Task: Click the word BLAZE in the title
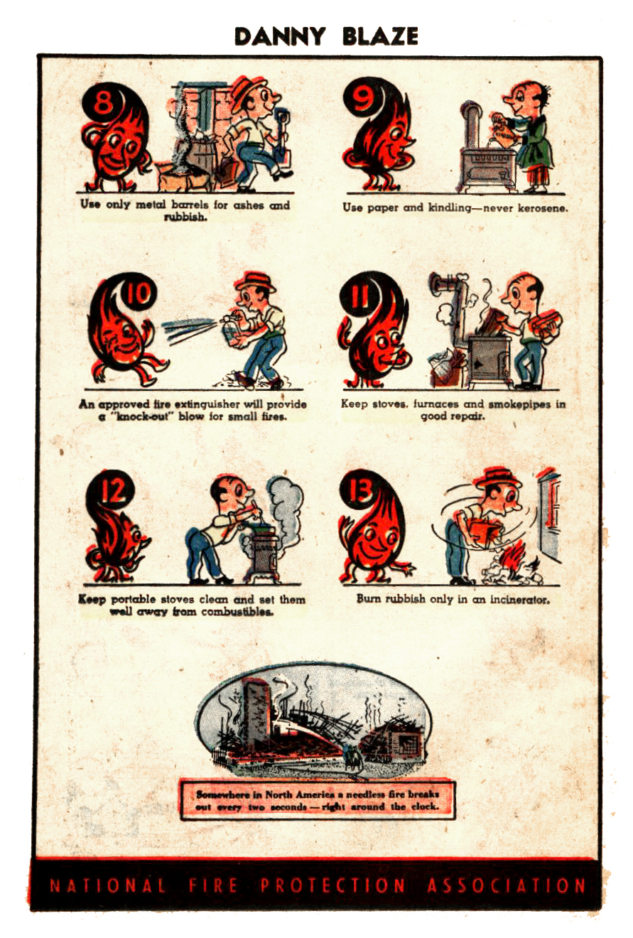point(380,36)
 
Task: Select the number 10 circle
point(137,293)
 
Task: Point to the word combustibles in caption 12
point(237,612)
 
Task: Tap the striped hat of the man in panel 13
point(499,479)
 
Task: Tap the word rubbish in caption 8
point(185,217)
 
